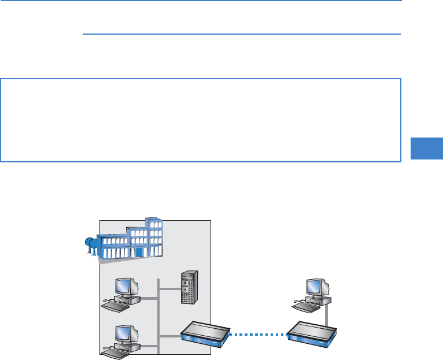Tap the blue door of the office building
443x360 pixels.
pyautogui.click(x=138, y=253)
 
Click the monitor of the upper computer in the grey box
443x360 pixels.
pyautogui.click(x=125, y=285)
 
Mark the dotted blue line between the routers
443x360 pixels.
pyautogui.click(x=259, y=333)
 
